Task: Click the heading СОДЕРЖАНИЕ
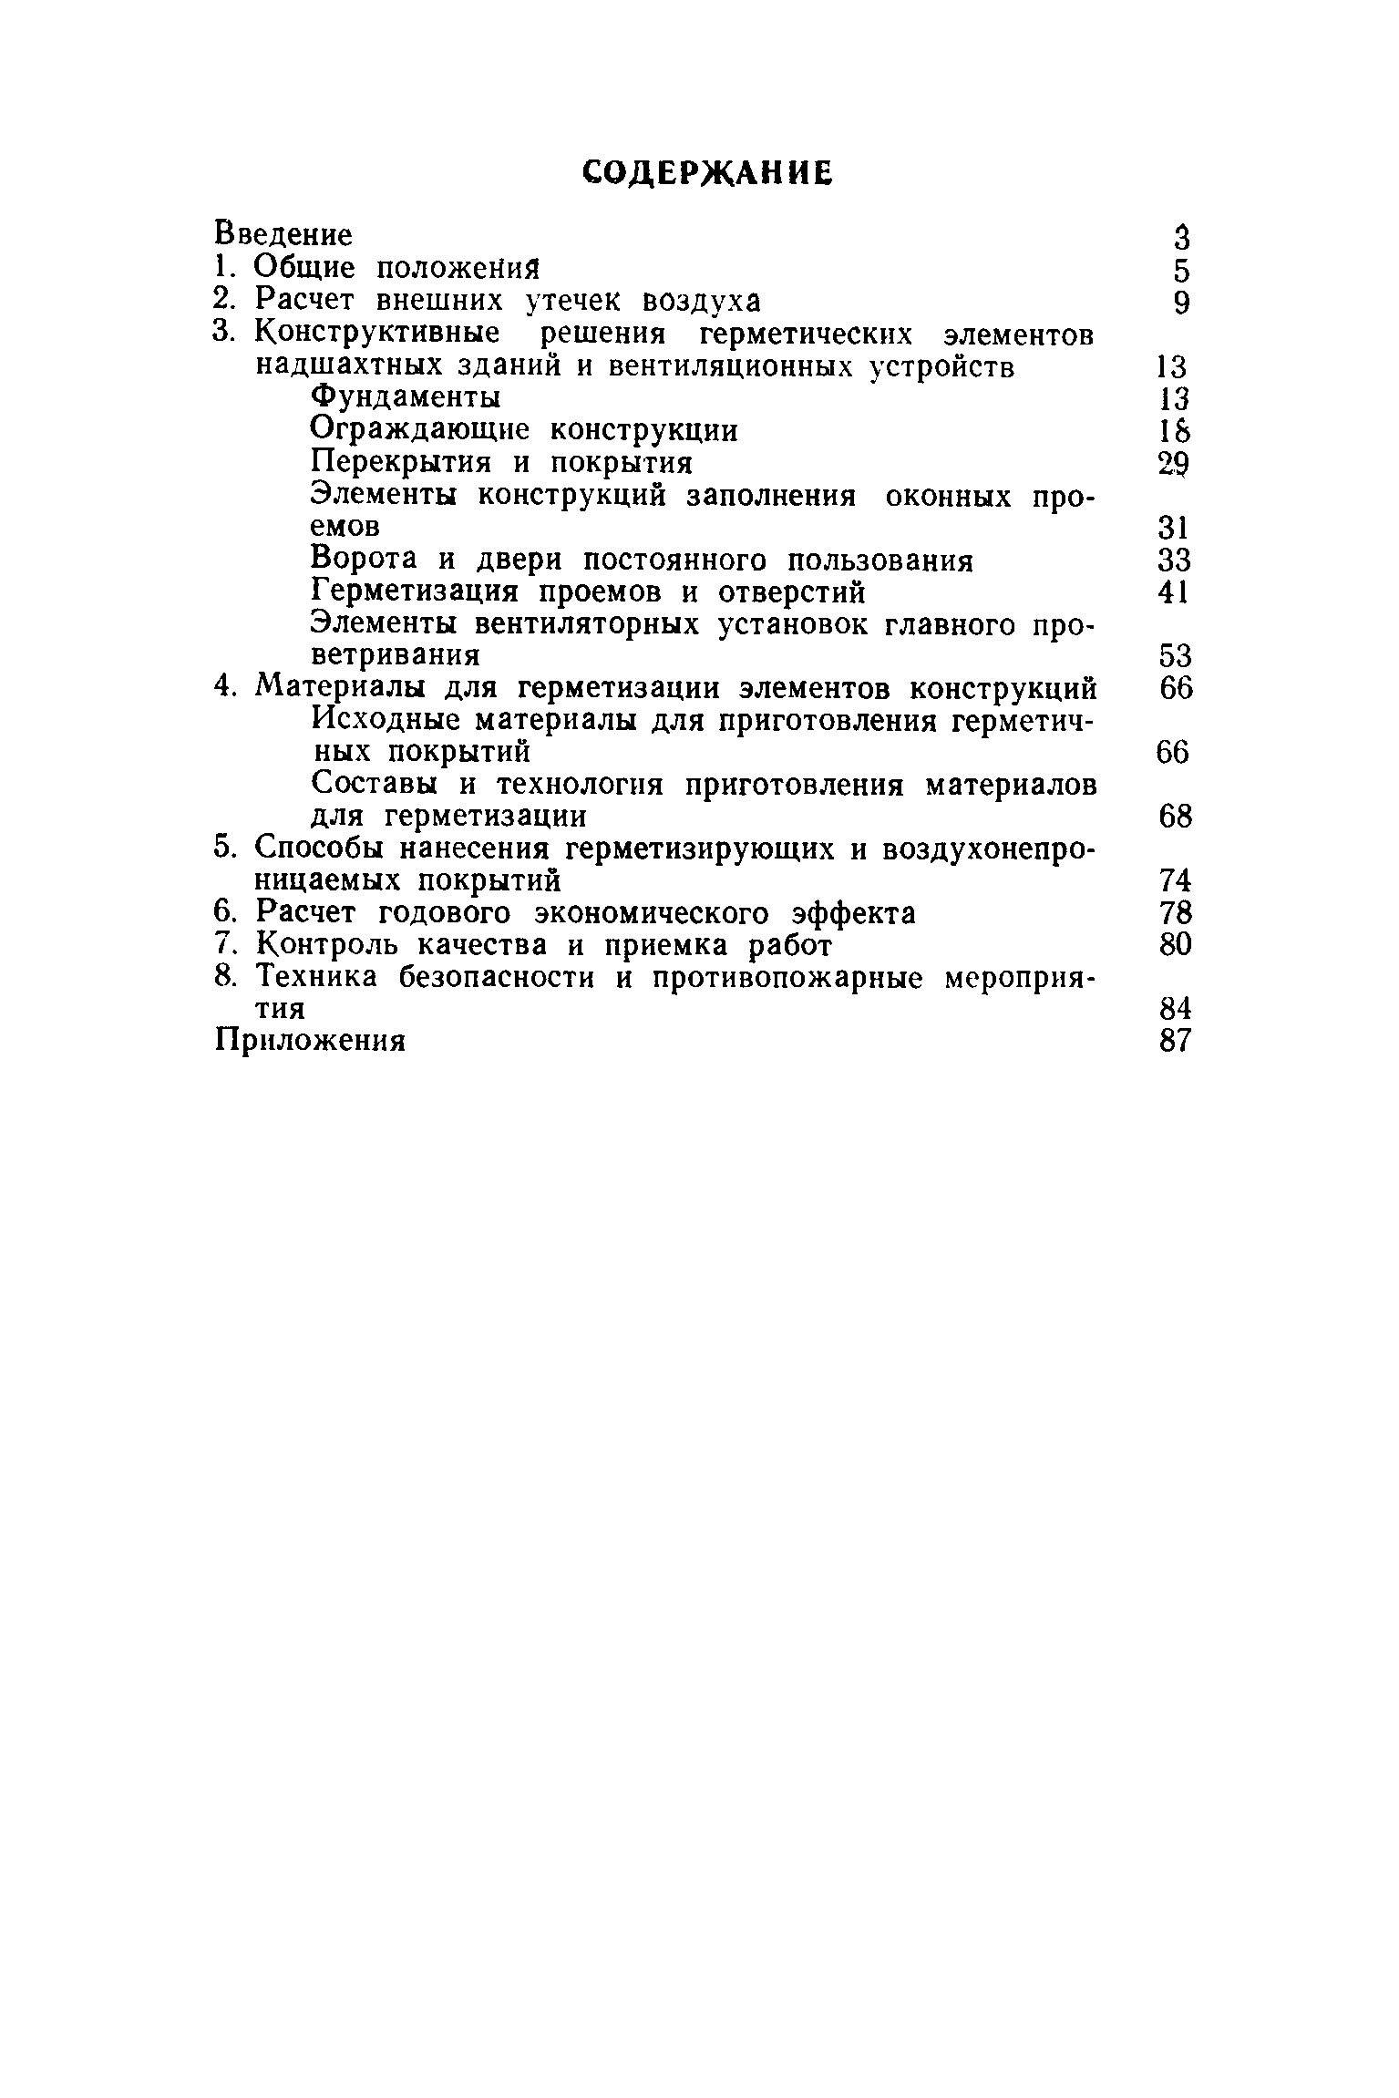(707, 172)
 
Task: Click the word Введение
(283, 235)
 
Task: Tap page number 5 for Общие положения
(1181, 271)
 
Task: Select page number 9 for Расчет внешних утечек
(1181, 303)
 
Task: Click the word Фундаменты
(405, 397)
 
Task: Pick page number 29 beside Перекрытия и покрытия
(1174, 464)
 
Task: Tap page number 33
(1174, 560)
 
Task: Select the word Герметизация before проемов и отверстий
(414, 592)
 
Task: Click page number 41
(1174, 592)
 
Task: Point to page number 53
(1174, 656)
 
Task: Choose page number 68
(1175, 817)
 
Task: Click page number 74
(1175, 881)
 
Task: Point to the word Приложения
(309, 1041)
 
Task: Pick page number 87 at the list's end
(1175, 1041)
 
